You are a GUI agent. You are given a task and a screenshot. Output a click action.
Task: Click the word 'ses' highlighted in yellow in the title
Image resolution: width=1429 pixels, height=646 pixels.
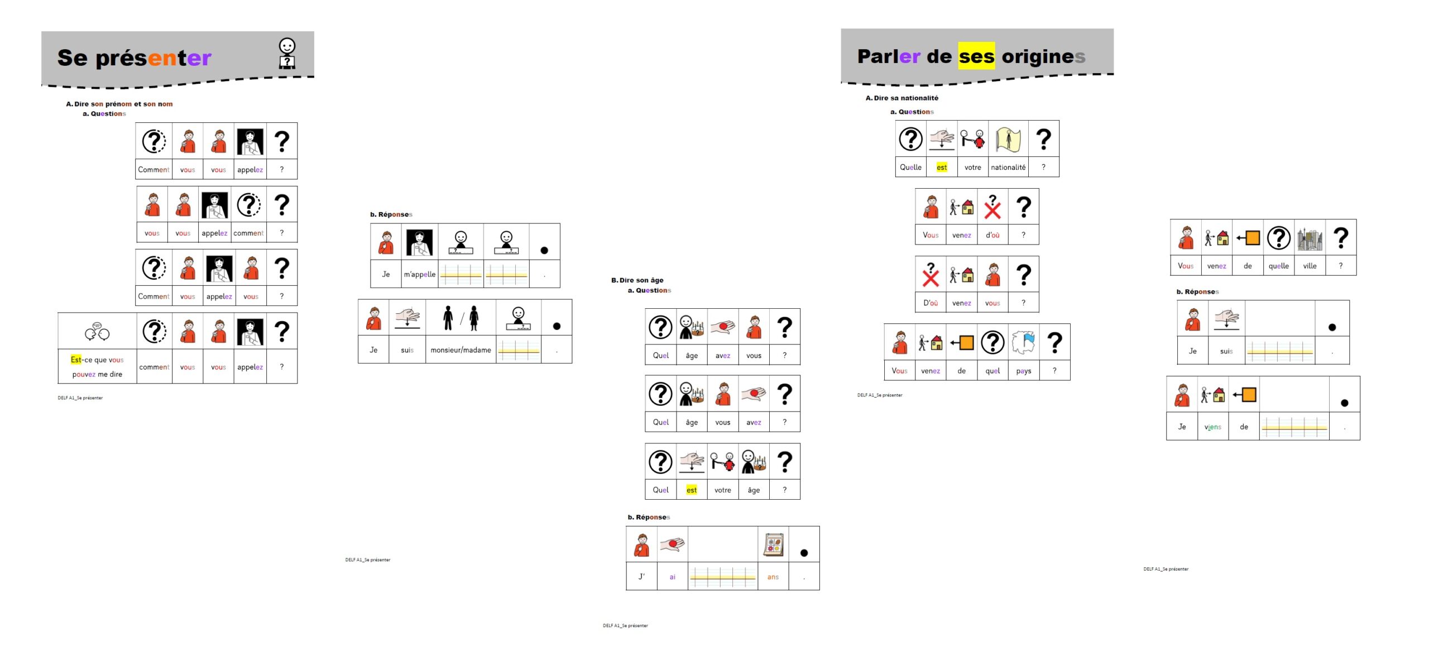[976, 56]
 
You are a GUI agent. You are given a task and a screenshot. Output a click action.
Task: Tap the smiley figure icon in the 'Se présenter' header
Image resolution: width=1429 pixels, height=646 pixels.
[287, 54]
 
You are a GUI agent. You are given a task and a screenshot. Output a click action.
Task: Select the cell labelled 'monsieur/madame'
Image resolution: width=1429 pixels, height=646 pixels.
[461, 350]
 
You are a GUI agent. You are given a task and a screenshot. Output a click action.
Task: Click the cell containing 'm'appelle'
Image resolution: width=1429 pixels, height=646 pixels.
[420, 274]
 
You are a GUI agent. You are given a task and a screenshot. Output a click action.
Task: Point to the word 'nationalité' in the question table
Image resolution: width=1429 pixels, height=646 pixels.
[1008, 167]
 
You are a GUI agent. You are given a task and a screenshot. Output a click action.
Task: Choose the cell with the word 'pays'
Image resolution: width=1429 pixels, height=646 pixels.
[1024, 371]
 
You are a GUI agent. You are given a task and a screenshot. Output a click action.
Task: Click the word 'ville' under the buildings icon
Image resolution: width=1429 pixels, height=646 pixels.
[1310, 266]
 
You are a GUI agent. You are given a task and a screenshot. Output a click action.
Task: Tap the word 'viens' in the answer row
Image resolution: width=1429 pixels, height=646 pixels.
[1213, 427]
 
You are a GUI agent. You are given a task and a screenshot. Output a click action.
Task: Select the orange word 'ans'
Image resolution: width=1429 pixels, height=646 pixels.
[773, 577]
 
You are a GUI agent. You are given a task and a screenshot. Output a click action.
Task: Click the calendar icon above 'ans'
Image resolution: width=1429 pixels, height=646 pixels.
[774, 544]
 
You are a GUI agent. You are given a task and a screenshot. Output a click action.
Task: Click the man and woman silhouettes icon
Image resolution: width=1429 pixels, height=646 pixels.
[461, 318]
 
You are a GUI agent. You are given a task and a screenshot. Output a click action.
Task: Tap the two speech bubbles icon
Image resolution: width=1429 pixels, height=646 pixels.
[97, 332]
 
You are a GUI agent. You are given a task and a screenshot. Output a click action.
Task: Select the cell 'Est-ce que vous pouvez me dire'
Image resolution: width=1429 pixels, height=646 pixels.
[97, 367]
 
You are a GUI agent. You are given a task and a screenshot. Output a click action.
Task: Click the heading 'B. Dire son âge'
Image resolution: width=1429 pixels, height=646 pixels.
[637, 280]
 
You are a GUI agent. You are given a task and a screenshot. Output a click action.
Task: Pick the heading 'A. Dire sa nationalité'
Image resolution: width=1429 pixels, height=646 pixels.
[902, 98]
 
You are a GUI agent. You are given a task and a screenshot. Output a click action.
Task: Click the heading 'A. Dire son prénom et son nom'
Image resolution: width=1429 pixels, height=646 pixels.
[119, 104]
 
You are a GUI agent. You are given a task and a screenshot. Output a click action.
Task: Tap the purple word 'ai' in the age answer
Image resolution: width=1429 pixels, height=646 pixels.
[673, 577]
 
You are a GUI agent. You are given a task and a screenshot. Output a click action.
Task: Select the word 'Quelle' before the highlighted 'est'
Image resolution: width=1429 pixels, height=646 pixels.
[910, 167]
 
